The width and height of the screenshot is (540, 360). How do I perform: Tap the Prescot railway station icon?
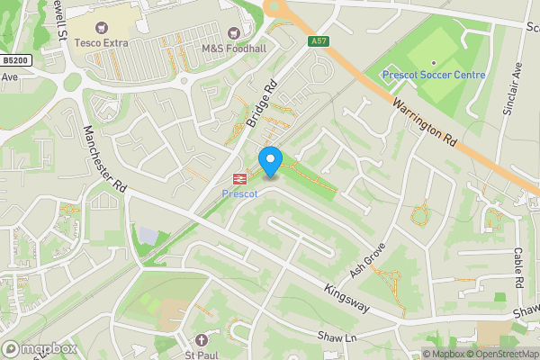tap(240, 178)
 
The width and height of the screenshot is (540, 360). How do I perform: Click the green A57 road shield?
tap(318, 40)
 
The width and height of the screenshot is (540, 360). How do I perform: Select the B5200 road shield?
tap(15, 60)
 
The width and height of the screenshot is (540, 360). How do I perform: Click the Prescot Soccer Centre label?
tap(434, 75)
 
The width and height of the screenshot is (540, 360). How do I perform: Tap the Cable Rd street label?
tap(519, 267)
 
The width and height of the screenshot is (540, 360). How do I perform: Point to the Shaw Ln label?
tap(337, 337)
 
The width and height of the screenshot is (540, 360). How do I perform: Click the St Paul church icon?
tap(201, 340)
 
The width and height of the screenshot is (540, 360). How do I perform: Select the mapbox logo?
tap(40, 348)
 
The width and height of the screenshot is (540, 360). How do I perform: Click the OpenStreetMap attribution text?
tap(499, 354)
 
